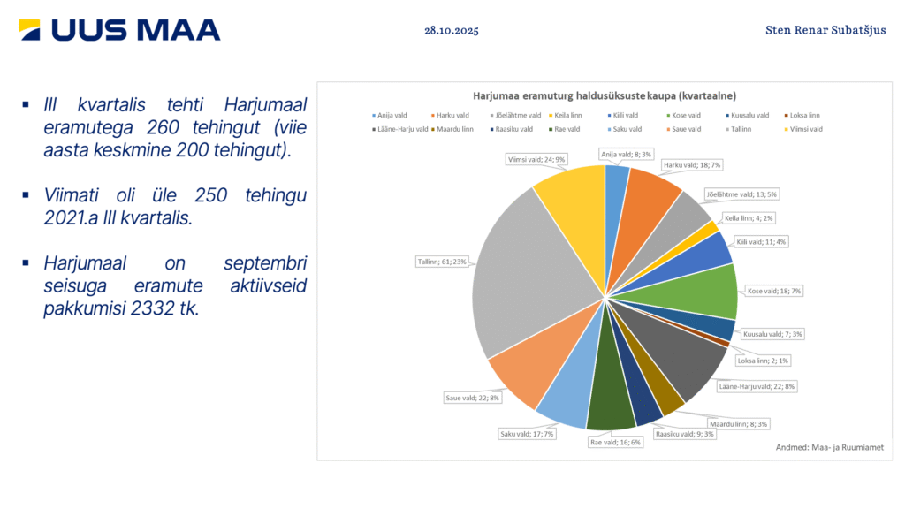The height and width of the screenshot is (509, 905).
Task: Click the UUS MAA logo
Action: coord(119,30)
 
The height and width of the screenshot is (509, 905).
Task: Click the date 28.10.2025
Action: coord(451,30)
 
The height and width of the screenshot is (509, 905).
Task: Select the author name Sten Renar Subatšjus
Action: coord(825,30)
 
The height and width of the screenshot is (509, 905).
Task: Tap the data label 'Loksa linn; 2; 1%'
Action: coord(764,361)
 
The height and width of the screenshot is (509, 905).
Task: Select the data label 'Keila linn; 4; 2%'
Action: coord(747,217)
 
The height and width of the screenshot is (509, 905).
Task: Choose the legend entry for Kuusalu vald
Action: coord(749,115)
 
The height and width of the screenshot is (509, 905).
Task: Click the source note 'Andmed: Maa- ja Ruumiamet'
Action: coord(830,447)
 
